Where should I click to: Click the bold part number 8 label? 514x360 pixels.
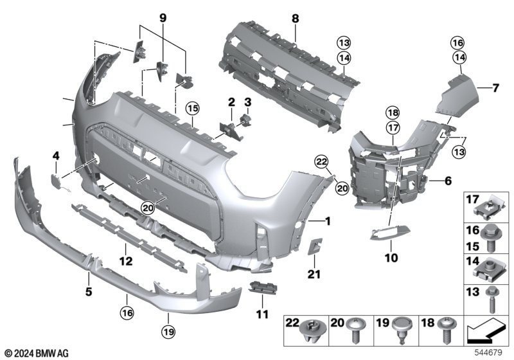point(296,19)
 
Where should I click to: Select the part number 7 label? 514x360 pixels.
point(495,88)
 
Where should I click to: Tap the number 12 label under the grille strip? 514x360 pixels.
point(126,261)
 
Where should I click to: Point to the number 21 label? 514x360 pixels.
point(314,274)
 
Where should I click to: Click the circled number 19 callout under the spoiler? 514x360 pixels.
point(168,332)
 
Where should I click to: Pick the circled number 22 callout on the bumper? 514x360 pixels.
point(321,161)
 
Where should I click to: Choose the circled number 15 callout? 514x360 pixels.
point(193,108)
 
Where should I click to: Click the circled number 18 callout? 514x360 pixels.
point(393,113)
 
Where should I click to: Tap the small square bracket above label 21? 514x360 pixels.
point(315,246)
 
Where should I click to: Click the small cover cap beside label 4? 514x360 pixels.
point(56,179)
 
